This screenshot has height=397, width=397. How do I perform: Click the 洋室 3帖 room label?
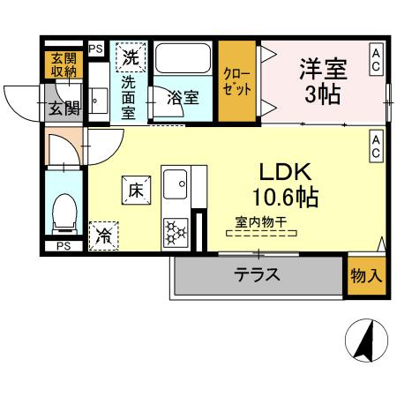(x=323, y=81)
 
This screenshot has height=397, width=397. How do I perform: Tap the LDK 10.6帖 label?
(x=285, y=184)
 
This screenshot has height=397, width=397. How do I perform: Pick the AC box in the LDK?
(x=376, y=146)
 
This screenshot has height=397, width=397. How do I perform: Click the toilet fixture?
(x=64, y=214)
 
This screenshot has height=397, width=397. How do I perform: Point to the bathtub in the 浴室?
(x=183, y=58)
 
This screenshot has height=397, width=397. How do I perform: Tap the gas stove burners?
(x=176, y=233)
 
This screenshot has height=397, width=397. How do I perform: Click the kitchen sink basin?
(x=176, y=184)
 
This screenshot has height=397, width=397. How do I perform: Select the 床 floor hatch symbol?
(x=136, y=191)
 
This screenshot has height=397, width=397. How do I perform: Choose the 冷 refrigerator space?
(x=103, y=236)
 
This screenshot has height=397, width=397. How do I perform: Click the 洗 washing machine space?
(x=131, y=57)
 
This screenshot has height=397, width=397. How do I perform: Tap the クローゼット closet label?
(x=236, y=82)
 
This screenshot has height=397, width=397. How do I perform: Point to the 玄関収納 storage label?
(x=64, y=65)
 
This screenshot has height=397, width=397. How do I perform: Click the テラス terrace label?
(x=257, y=274)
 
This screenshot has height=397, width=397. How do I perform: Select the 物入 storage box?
(x=367, y=276)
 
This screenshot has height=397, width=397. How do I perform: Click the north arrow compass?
(x=366, y=340)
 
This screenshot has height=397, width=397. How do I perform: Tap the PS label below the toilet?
(x=64, y=246)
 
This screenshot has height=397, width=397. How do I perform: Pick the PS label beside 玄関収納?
(x=96, y=49)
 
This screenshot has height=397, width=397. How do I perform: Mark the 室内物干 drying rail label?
(x=261, y=222)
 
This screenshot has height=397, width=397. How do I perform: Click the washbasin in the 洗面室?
(x=99, y=101)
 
